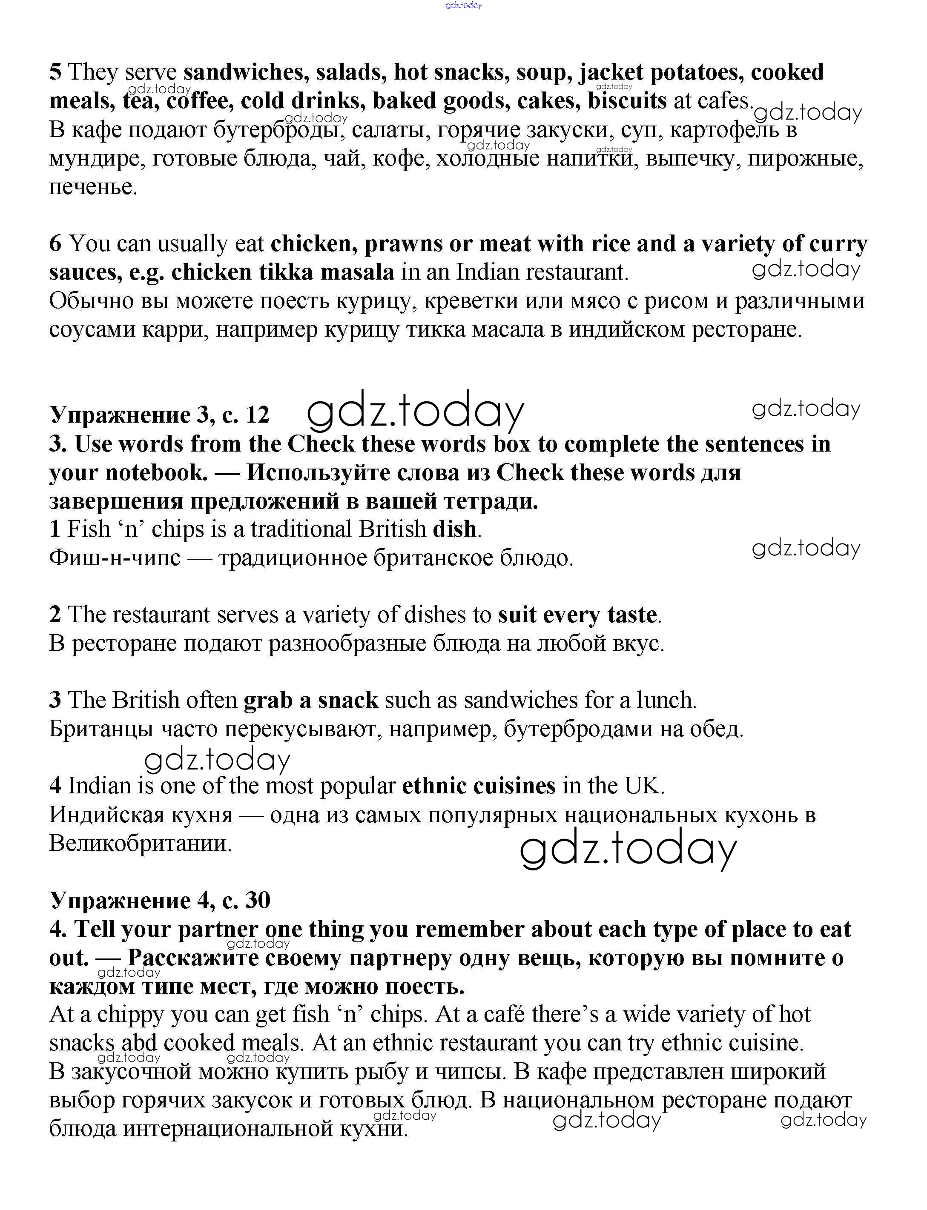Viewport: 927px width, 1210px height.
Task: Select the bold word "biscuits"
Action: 627,101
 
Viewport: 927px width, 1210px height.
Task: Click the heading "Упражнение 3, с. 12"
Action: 159,414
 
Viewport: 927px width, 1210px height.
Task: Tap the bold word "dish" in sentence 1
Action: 454,529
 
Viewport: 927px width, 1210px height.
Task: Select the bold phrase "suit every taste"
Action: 577,615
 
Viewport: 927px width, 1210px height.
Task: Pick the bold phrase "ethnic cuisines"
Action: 478,785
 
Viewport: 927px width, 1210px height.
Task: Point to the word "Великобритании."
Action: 141,843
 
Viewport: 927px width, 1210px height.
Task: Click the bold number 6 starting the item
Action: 55,244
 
